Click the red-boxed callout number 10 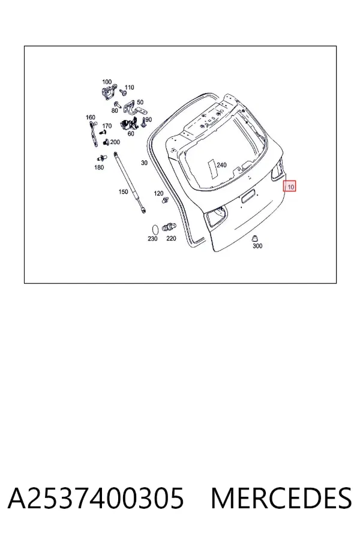point(291,187)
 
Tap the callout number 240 point(221,165)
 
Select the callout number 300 point(257,245)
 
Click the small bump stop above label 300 point(255,238)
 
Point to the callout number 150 point(123,192)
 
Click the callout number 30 point(144,163)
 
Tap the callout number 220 point(171,238)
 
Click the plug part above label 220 point(169,227)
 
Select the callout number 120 point(158,194)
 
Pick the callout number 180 point(99,167)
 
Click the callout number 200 point(115,142)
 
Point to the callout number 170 point(107,126)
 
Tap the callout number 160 point(90,118)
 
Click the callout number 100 point(107,82)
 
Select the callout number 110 point(129,88)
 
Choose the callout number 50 point(140,102)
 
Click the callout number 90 point(148,119)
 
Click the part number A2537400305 point(96,498)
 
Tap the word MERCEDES point(281,498)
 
